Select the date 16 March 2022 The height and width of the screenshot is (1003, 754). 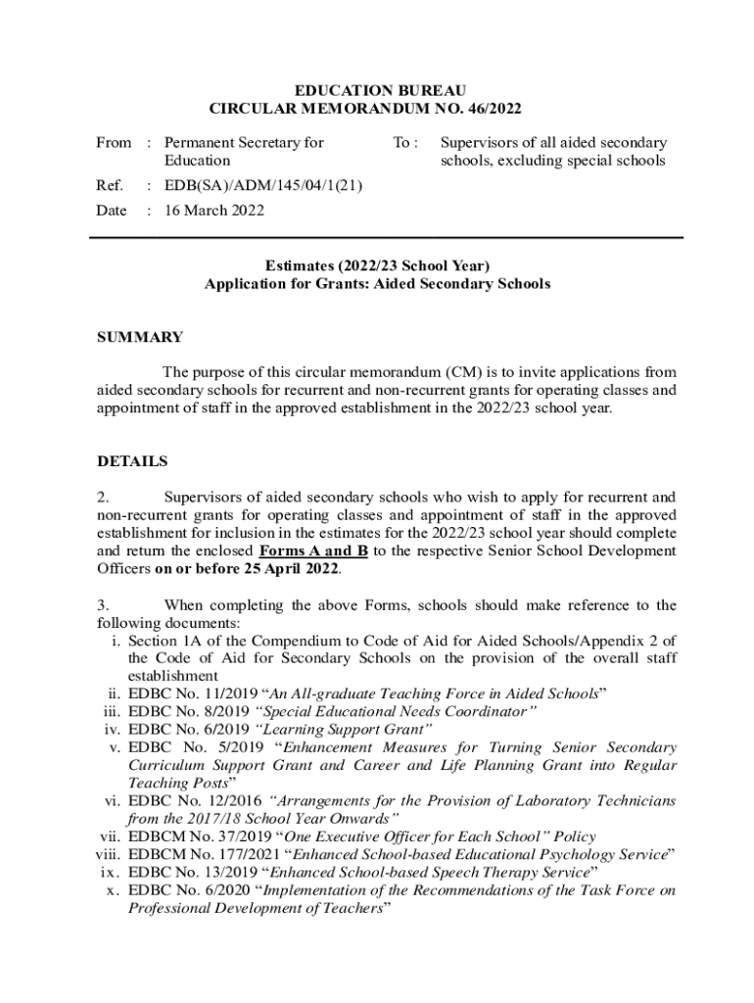coord(213,211)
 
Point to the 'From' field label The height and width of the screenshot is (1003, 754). coord(113,143)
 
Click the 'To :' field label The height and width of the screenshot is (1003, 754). coord(405,143)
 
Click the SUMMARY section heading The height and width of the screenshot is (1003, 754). coord(139,337)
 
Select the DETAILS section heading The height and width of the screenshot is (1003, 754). coord(132,460)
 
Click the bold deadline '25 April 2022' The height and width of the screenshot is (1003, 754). coord(292,569)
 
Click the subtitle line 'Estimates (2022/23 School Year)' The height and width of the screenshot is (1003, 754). coord(377,265)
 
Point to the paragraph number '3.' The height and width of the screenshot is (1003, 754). coord(103,604)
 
